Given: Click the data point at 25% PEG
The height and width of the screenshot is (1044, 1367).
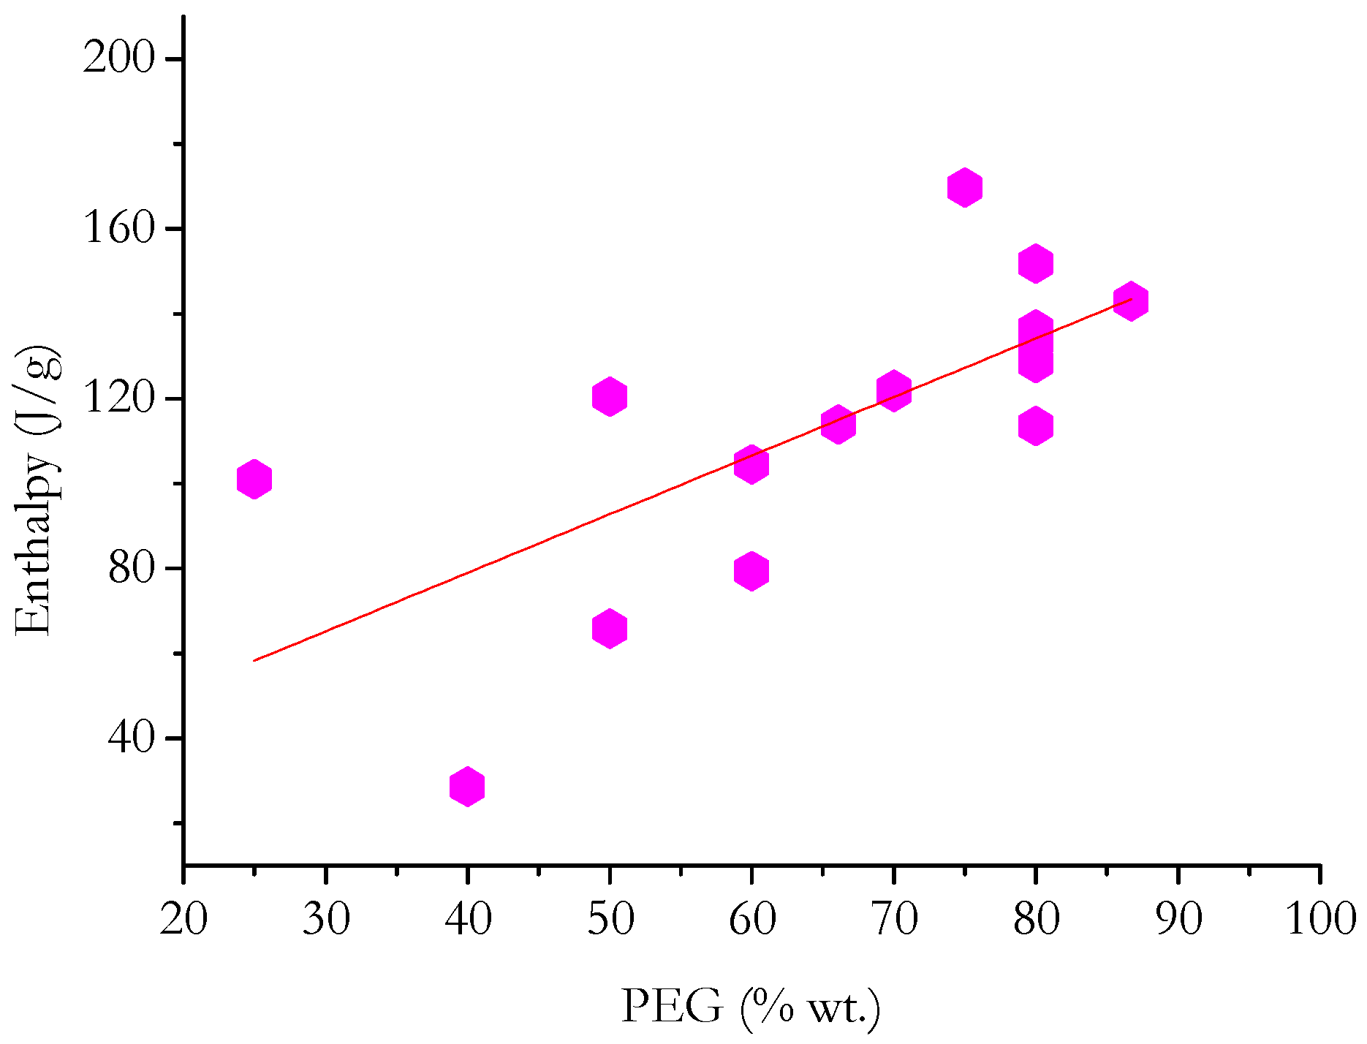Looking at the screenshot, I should [254, 480].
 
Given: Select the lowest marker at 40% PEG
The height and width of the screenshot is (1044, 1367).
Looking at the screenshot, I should [467, 787].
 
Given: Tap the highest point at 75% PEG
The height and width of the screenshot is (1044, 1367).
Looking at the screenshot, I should [964, 188].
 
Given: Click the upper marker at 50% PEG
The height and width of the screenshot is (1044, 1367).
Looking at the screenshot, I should [610, 396].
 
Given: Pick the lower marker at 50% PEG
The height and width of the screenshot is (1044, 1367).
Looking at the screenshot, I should [610, 629].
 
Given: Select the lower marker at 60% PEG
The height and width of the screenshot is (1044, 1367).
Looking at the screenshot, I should [751, 570].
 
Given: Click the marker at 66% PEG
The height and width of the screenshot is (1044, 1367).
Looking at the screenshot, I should [838, 425].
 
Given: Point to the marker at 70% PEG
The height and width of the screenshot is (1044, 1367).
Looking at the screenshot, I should [893, 390].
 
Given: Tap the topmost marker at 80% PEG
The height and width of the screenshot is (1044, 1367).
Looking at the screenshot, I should [1035, 263].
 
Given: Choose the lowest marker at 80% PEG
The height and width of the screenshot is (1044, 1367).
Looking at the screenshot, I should [1035, 426].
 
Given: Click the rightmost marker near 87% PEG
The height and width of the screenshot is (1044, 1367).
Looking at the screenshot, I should [1130, 301].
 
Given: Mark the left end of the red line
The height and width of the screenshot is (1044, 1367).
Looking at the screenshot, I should [254, 660].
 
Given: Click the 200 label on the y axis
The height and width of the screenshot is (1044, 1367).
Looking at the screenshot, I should [119, 58].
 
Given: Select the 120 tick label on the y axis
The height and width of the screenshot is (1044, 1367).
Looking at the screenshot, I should [119, 398].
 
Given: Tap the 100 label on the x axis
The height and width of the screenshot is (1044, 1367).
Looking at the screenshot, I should [1320, 918].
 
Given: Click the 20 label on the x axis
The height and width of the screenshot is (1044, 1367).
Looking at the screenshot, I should [183, 918].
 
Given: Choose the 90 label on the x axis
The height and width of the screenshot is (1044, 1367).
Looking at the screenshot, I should [1178, 918].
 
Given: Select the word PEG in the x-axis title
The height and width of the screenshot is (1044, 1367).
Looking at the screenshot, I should [671, 1007].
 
